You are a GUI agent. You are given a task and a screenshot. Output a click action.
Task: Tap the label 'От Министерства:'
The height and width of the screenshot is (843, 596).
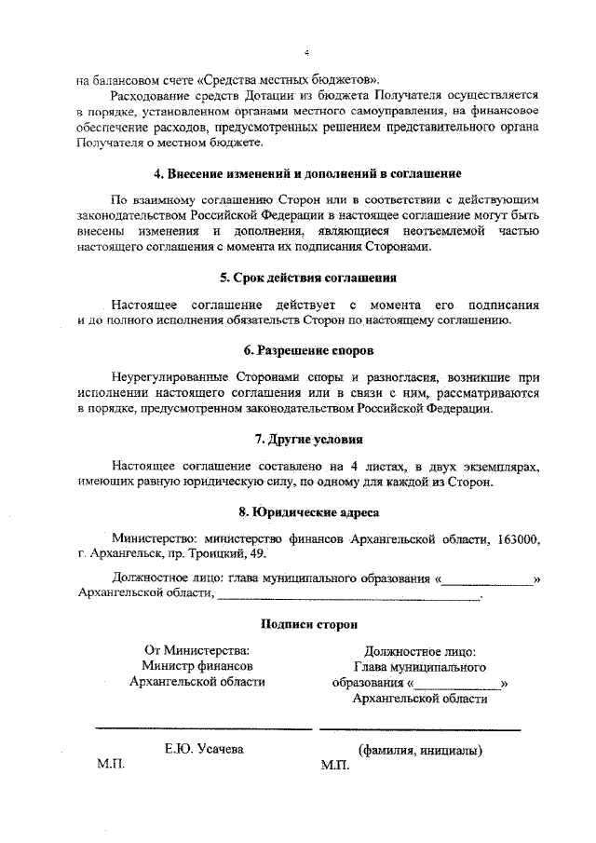pos(196,650)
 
